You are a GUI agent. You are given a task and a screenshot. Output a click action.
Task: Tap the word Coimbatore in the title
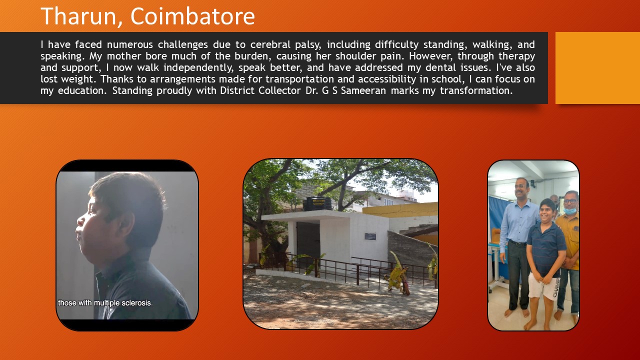point(192,16)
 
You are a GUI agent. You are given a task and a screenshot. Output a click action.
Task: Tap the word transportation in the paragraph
point(299,79)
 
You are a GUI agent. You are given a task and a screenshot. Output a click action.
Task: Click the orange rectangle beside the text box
point(597,68)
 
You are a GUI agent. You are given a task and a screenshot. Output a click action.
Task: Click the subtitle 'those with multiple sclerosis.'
point(105,303)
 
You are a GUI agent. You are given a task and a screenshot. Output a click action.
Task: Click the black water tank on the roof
point(317,203)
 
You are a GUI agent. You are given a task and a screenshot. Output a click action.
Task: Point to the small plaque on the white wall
point(370,236)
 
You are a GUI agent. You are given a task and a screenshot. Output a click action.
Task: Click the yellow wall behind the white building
point(400,210)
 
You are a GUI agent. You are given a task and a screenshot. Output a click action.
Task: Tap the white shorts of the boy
point(543,285)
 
